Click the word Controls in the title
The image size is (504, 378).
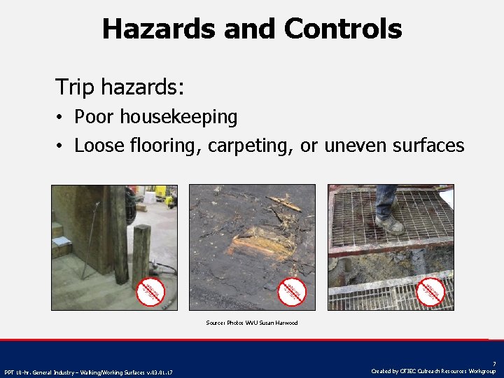[343, 29]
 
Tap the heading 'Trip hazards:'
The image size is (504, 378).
[120, 87]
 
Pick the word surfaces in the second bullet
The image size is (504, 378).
[430, 146]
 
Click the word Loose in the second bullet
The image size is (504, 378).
[99, 146]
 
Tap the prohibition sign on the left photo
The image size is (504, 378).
[149, 291]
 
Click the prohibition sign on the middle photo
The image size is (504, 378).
[292, 291]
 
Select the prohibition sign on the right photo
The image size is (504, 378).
[431, 291]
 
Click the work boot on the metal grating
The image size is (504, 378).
[389, 223]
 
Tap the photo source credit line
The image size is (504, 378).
[252, 323]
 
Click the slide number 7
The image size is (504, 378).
[493, 363]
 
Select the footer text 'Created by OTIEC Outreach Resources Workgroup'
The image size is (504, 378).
[434, 371]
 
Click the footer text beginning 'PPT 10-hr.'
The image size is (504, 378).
[88, 372]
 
